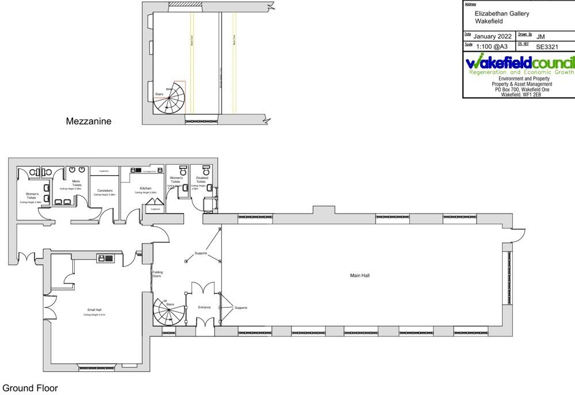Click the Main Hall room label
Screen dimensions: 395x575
[360, 276]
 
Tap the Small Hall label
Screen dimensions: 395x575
[95, 310]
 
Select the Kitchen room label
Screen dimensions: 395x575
[145, 188]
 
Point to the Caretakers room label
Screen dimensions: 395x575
[105, 191]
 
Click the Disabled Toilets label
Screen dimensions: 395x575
[202, 180]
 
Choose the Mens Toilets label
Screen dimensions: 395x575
[76, 184]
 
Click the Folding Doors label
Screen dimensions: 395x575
[157, 274]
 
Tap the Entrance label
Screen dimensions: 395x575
[205, 307]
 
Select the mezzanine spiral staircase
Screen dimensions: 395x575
[170, 98]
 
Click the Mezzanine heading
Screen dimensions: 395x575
[89, 121]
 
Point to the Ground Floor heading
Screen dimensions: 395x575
[30, 388]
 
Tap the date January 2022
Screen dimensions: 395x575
[492, 36]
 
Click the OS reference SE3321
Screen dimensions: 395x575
[547, 47]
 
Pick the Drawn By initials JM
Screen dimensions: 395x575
[540, 36]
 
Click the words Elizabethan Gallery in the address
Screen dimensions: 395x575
[502, 13]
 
